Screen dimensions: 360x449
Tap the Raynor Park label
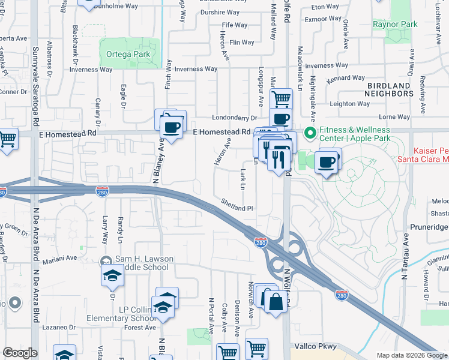pos(394,25)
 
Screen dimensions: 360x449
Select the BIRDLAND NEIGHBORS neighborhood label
pos(390,90)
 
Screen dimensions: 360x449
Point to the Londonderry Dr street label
pos(234,118)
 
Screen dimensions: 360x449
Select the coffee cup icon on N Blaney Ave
pos(172,127)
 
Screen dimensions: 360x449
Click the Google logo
pos(20,353)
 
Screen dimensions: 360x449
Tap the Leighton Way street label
pos(351,104)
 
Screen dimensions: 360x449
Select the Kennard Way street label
pos(346,79)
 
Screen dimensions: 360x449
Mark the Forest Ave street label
pos(140,328)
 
